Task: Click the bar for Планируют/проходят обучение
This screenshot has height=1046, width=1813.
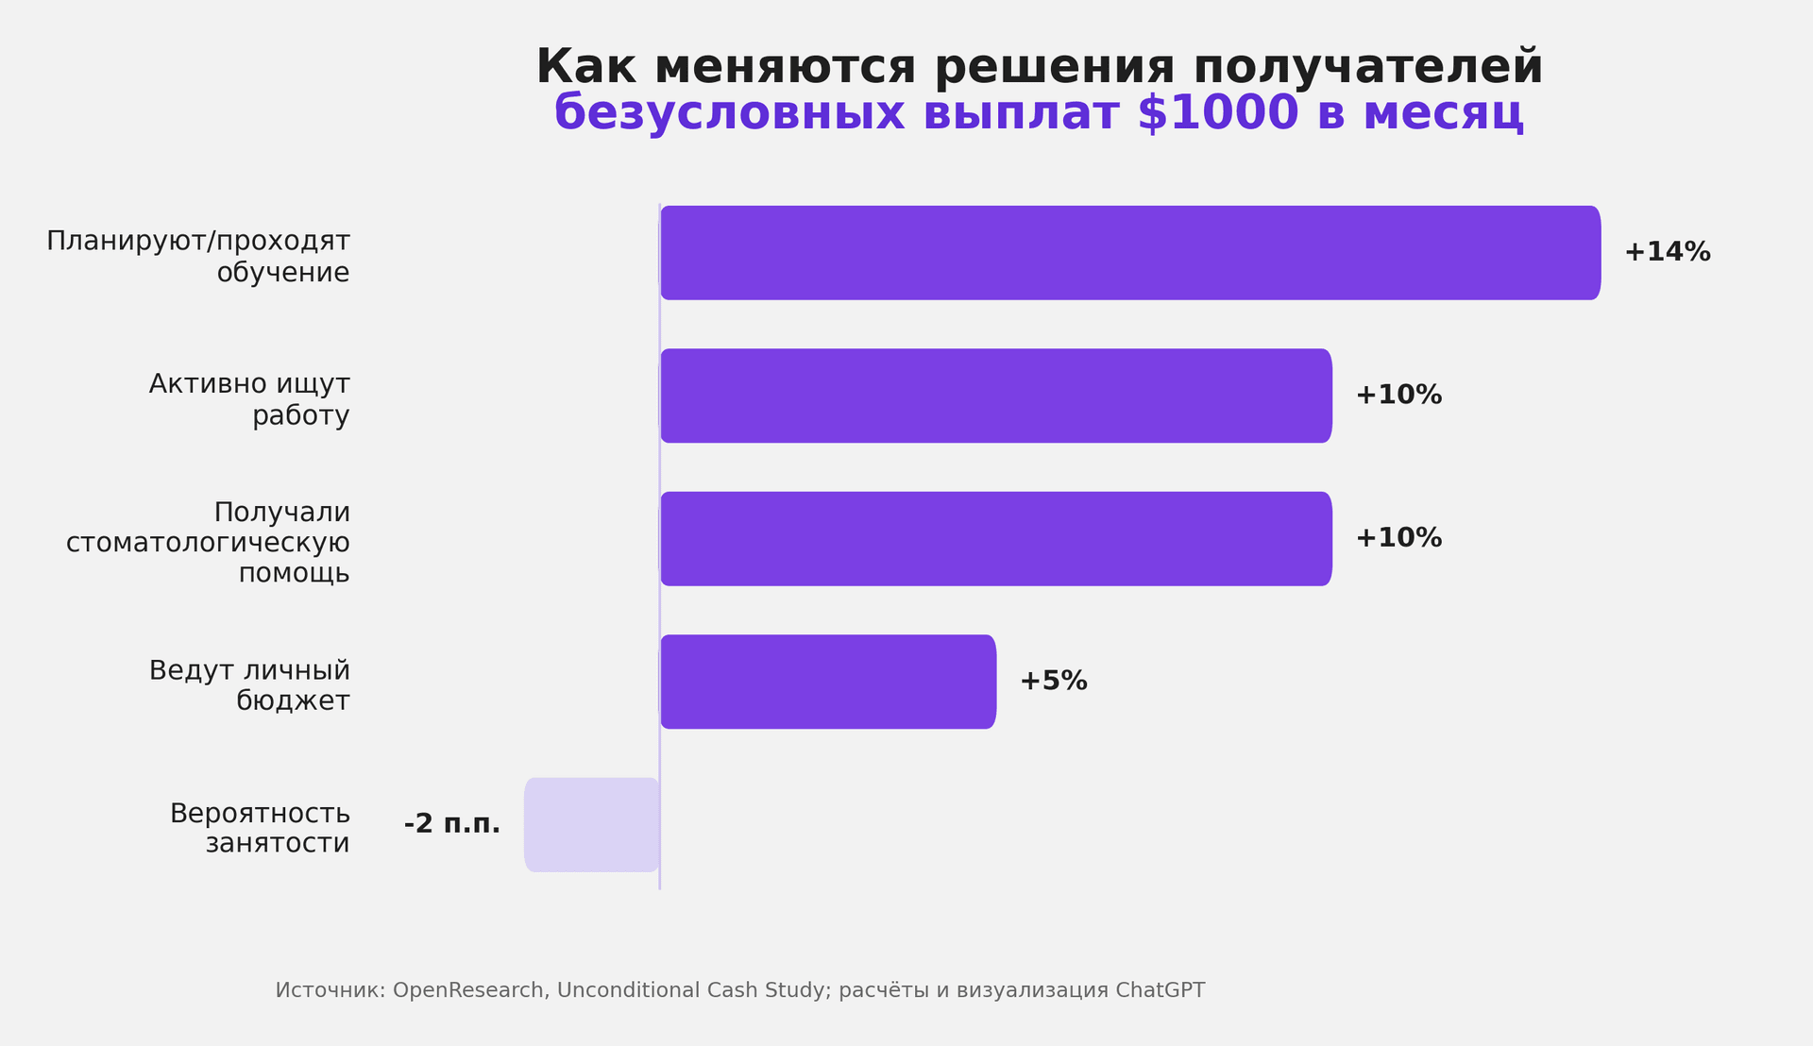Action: (x=1130, y=253)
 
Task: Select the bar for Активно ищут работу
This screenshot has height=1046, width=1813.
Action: (x=996, y=396)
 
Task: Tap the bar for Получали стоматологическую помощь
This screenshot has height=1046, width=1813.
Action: (x=996, y=539)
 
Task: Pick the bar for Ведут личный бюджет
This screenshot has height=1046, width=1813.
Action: (x=828, y=682)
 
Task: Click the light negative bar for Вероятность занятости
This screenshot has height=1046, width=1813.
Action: (x=592, y=825)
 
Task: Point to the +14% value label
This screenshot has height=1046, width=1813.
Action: (x=1667, y=253)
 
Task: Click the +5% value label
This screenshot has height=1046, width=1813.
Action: (x=1053, y=682)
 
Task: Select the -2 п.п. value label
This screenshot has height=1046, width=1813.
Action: (x=452, y=824)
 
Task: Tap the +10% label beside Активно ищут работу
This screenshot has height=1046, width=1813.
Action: (x=1398, y=396)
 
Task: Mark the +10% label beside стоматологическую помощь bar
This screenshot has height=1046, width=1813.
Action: (x=1398, y=539)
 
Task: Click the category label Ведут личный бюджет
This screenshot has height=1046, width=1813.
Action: (x=249, y=686)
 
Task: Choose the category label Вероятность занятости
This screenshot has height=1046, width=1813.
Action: (x=260, y=828)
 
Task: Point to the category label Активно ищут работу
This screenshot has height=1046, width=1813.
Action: (x=249, y=399)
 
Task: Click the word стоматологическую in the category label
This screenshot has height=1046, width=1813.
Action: (x=208, y=544)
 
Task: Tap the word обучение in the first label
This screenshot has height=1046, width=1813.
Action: (x=283, y=273)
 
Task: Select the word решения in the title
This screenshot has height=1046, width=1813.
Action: (x=1055, y=68)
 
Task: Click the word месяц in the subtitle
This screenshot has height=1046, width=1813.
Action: (x=1443, y=114)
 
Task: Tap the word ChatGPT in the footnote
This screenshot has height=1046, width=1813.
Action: (x=1160, y=990)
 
